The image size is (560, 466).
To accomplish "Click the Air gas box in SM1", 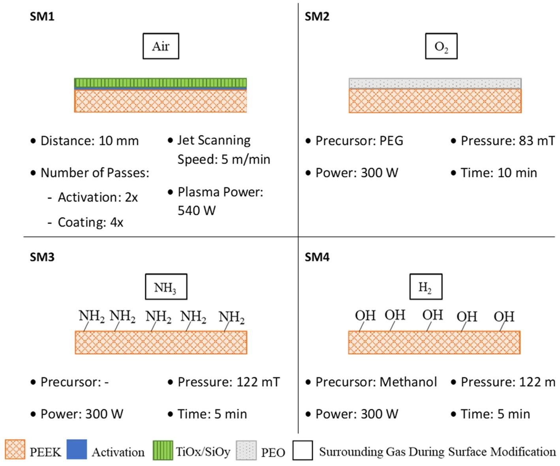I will pos(161,46).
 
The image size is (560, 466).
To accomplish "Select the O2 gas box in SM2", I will pos(441,46).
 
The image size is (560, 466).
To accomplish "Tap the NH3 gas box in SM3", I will pos(165,287).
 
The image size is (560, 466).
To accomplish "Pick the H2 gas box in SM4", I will pos(425,287).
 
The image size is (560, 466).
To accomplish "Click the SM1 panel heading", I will pos(42,17).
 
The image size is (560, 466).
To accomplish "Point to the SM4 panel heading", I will pos(317,257).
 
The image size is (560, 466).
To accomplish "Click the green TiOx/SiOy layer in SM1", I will pos(160,83).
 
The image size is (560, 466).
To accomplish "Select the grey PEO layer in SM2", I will pos(435,83).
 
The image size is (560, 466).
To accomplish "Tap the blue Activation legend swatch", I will pos(77,449).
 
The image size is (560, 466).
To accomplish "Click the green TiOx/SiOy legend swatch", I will pos(163,450).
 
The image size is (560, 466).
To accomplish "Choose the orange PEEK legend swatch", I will pos(15,450).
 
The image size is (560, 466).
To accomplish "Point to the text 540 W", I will pos(197,210).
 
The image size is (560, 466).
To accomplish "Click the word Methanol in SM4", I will pos(408,382).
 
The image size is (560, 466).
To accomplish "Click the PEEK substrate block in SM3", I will pos(161,343).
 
